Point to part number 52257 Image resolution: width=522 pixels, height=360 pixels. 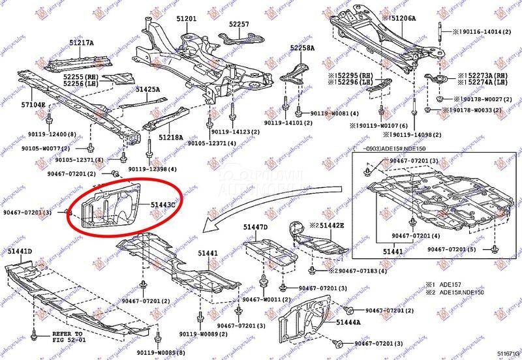(239, 24)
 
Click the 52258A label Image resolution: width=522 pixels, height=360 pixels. (302, 48)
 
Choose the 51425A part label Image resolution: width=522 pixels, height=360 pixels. (147, 89)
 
